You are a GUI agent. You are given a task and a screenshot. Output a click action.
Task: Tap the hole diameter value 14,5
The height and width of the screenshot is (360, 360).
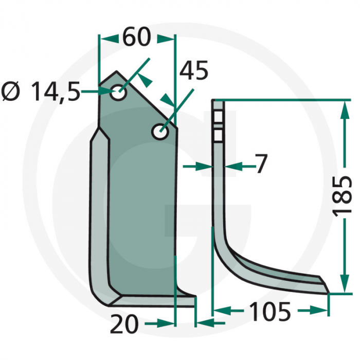point(56,93)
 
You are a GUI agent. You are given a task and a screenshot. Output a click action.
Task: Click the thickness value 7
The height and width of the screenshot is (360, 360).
point(261,165)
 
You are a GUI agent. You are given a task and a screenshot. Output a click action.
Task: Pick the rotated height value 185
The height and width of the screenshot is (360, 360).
point(344,197)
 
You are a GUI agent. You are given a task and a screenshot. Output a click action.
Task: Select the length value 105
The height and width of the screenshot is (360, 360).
point(270,311)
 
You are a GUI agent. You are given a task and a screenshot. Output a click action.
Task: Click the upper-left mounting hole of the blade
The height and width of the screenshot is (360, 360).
point(119,94)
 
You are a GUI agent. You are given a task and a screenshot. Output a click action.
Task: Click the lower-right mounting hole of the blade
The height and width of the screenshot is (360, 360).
point(159,132)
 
